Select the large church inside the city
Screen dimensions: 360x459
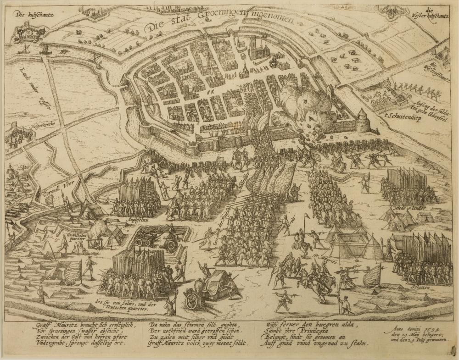click(x=257, y=48)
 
